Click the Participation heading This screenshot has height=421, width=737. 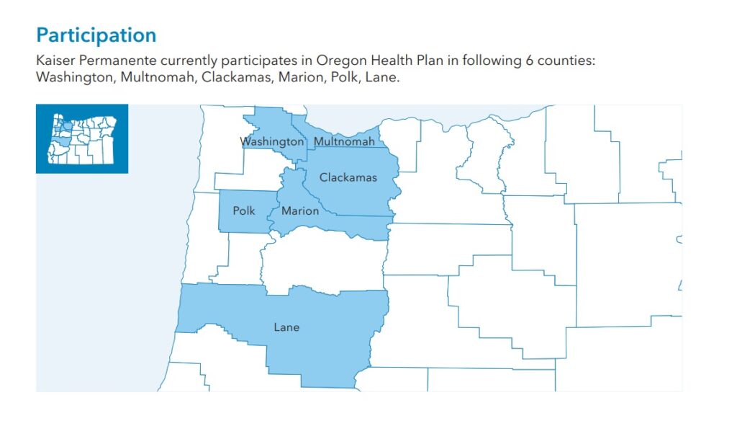pos(96,35)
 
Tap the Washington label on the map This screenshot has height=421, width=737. pos(272,142)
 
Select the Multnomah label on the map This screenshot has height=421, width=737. pos(345,142)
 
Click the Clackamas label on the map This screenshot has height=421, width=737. pos(348,177)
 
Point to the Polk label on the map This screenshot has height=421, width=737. pos(244,211)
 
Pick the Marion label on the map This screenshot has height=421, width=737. pos(300,211)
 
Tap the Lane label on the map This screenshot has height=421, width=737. pos(286,327)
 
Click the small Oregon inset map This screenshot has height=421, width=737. pos(82,138)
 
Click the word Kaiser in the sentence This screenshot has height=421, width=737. pos(54,61)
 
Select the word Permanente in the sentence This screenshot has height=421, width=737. pos(110,61)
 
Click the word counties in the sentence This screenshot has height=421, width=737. pos(569,61)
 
